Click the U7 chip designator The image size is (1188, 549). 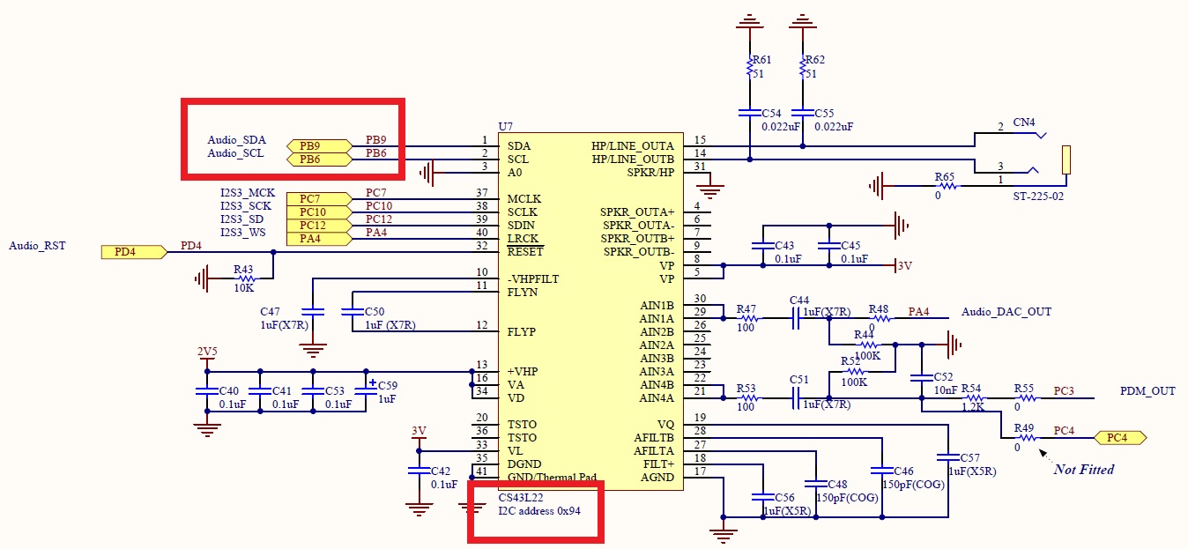click(505, 127)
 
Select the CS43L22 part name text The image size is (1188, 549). click(521, 497)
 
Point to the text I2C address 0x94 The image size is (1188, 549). click(539, 510)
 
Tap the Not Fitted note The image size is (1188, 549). click(1083, 469)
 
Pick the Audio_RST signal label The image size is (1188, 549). click(37, 246)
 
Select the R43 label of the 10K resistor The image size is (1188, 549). click(243, 269)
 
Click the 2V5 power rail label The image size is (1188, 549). click(206, 352)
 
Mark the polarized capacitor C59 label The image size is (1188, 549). click(388, 385)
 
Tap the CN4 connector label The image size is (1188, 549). click(1024, 122)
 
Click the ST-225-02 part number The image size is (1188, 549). click(1038, 197)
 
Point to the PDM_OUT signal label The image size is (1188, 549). click(1147, 390)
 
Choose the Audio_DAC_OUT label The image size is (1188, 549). click(1006, 311)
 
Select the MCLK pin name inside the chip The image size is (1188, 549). click(524, 199)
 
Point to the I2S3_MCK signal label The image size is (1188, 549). click(248, 192)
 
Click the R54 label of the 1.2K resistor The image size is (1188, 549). click(971, 388)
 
